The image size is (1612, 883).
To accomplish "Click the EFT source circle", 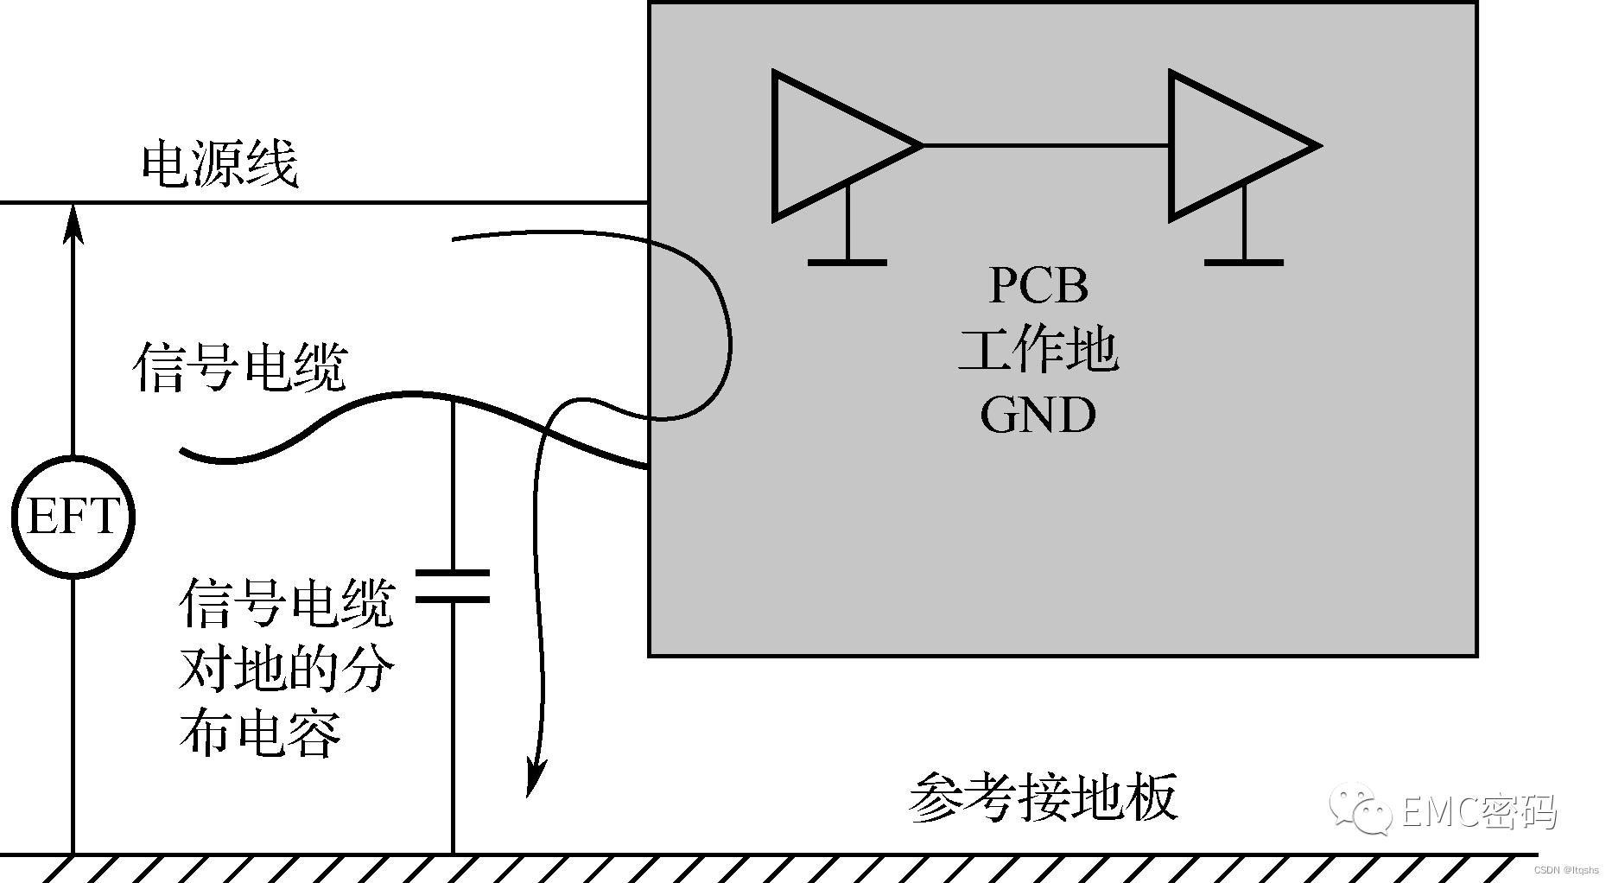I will coord(73,517).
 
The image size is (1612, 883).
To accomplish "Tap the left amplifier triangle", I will coord(829,145).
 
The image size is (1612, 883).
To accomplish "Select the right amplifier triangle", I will coord(1227,145).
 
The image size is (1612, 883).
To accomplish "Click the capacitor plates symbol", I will coord(453,586).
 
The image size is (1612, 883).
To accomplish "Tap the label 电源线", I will coord(219,164).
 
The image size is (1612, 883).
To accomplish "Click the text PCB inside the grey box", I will coord(1038,285).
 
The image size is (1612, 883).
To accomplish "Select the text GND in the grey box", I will coord(1038,415).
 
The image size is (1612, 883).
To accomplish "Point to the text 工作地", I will coord(1038,350).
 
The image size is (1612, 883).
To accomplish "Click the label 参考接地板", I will coord(1044,797).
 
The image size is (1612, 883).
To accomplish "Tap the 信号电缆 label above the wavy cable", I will coord(240,367).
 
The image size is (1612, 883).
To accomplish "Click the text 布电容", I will coord(259,733).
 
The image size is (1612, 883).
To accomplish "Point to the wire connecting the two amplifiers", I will coord(1045,145).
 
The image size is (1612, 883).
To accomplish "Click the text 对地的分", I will coord(286,668).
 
